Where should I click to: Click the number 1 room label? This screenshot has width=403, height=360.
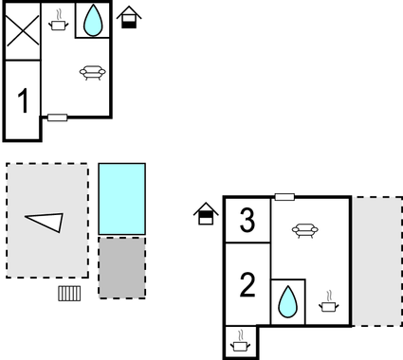[24, 99]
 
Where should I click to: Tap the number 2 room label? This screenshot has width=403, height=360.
[247, 284]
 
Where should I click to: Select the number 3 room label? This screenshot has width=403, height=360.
[247, 222]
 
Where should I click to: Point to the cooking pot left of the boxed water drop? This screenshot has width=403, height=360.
[59, 22]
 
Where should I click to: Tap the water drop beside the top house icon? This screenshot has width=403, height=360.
[93, 21]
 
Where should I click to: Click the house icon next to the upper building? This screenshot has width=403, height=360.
[128, 17]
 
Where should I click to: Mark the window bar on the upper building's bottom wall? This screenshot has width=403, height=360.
[58, 117]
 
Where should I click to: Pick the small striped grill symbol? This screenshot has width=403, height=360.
[69, 293]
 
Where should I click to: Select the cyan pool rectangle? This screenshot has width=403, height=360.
[122, 198]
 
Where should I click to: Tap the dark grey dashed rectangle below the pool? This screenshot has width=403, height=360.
[122, 267]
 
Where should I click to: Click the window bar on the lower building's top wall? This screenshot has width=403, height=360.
[284, 197]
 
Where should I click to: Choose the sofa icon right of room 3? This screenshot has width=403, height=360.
[303, 229]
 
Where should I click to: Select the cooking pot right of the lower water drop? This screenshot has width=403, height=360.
[328, 302]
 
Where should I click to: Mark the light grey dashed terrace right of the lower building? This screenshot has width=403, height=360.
[377, 261]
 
